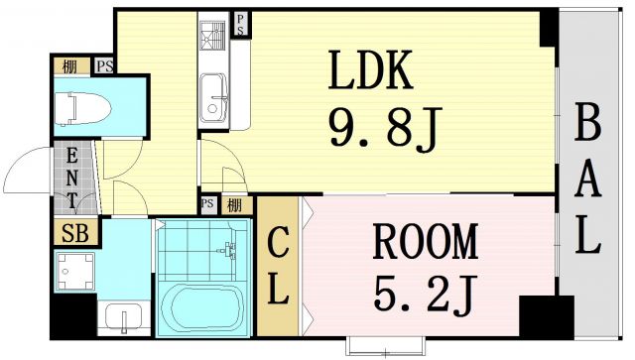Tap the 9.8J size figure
pyautogui.click(x=381, y=125)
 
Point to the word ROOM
pyautogui.click(x=425, y=241)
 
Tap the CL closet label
pyautogui.click(x=279, y=265)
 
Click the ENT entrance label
pyautogui.click(x=72, y=178)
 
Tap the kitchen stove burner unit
pyautogui.click(x=213, y=39)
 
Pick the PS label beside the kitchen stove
pyautogui.click(x=241, y=25)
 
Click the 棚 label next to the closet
pyautogui.click(x=233, y=205)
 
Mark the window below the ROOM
pyautogui.click(x=388, y=345)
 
